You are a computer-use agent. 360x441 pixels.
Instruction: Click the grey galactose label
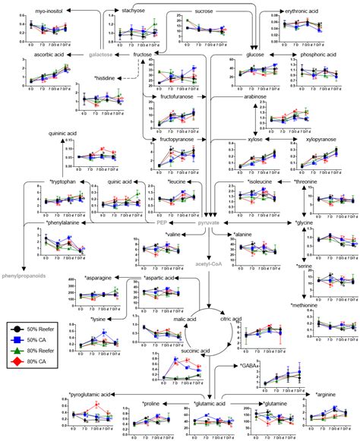pyautogui.click(x=102, y=55)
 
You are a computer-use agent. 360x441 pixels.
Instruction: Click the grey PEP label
pyautogui.click(x=161, y=203)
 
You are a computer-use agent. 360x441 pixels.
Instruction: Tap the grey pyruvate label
pyautogui.click(x=204, y=203)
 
